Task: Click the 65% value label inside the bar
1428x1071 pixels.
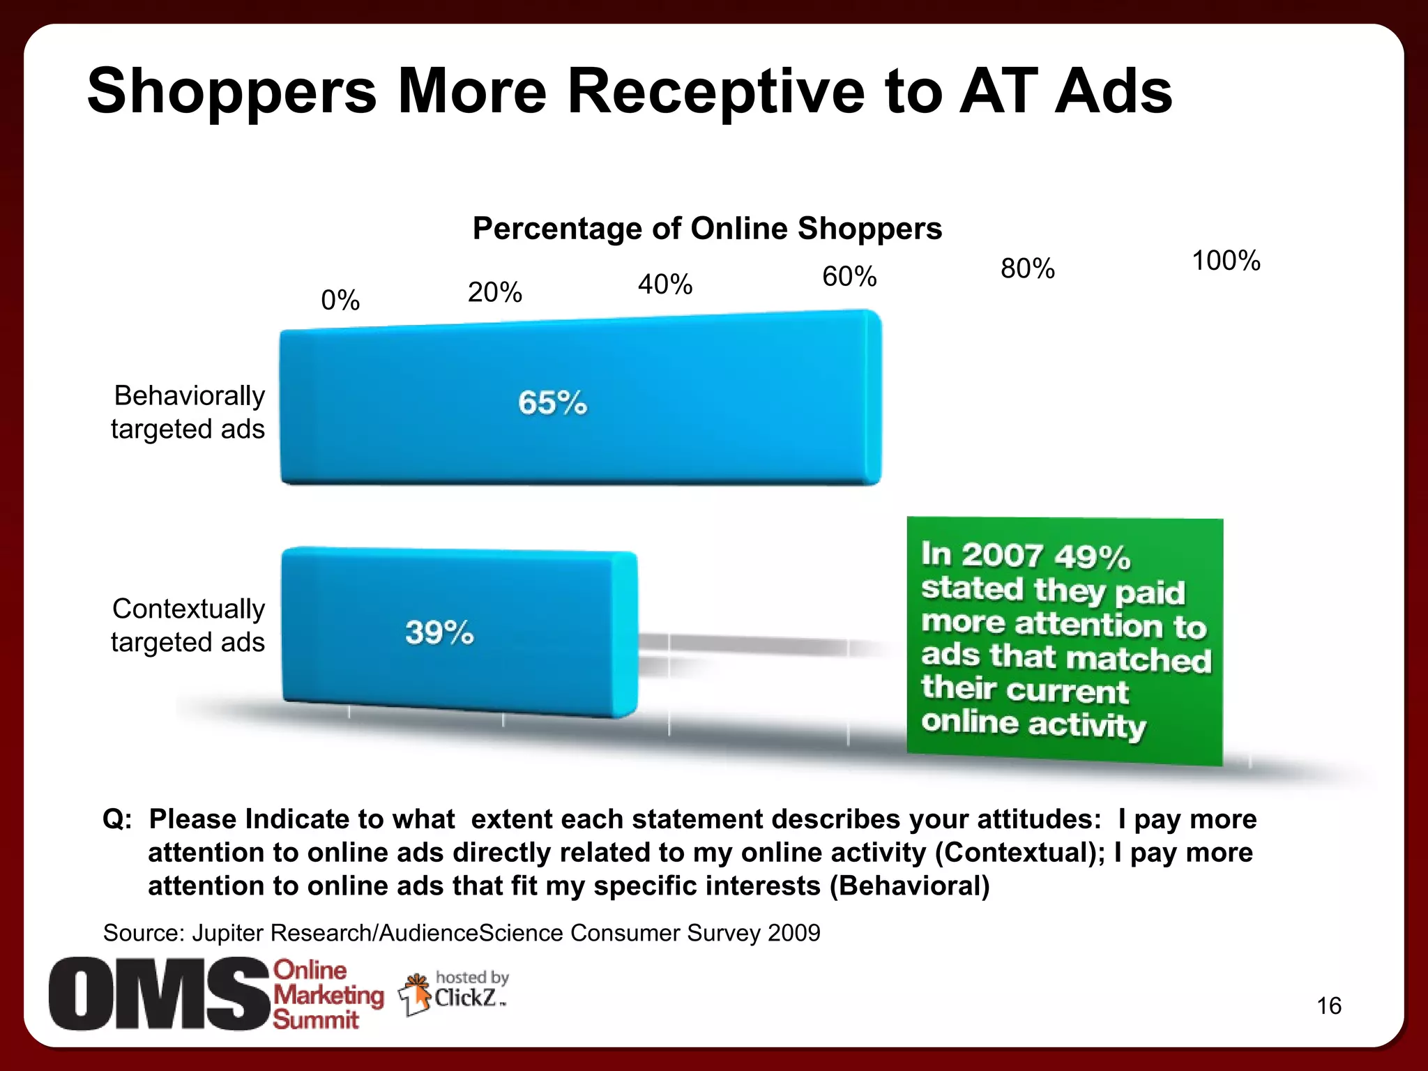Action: coord(552,403)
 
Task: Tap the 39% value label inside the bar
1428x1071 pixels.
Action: coord(439,632)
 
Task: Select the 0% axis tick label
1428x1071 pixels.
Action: coord(340,301)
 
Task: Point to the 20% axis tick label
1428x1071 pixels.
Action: coord(494,292)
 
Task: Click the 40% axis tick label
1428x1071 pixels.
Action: coord(665,284)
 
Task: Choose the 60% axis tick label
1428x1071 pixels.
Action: coord(849,277)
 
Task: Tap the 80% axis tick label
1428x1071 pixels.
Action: coord(1028,268)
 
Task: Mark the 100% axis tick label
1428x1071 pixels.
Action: coord(1226,261)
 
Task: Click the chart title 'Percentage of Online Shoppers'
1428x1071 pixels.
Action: coord(707,229)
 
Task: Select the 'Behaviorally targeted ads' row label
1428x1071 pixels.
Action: coord(188,412)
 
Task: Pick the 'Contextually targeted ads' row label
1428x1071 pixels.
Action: coord(188,625)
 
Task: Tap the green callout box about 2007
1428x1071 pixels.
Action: coord(1065,641)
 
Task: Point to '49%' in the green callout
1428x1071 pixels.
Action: coord(1092,556)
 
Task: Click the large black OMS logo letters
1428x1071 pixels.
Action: coord(159,994)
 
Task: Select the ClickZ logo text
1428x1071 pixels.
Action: coord(466,998)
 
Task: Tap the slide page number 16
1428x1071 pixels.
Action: coord(1329,1005)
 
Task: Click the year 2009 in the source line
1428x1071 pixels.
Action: coord(793,933)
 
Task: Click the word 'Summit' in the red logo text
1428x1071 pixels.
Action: coord(315,1019)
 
